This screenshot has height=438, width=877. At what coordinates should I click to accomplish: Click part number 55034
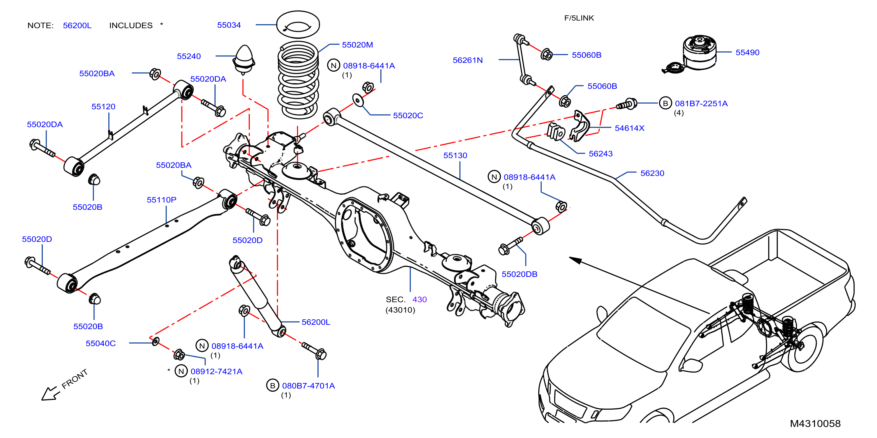(x=229, y=25)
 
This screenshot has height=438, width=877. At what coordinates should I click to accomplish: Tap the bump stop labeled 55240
(x=244, y=60)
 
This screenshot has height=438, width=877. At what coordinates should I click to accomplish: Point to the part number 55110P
(x=161, y=200)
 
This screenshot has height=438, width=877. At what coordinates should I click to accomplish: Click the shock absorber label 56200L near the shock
(x=316, y=322)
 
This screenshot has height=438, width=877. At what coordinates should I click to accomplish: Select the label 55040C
(x=100, y=343)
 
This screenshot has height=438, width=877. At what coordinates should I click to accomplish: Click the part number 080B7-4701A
(x=308, y=385)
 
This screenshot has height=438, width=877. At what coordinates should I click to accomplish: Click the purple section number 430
(x=419, y=300)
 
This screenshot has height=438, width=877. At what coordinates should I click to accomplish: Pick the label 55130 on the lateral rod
(x=455, y=156)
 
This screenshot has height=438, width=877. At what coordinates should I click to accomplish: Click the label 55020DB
(x=519, y=274)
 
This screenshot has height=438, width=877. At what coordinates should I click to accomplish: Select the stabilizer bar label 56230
(x=652, y=173)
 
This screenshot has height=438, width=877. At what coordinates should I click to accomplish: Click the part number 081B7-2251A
(x=701, y=104)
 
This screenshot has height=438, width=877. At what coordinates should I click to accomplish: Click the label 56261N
(x=468, y=60)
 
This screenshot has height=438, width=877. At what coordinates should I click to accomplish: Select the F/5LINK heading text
(x=579, y=18)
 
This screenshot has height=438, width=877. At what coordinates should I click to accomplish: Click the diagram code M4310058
(x=815, y=424)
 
